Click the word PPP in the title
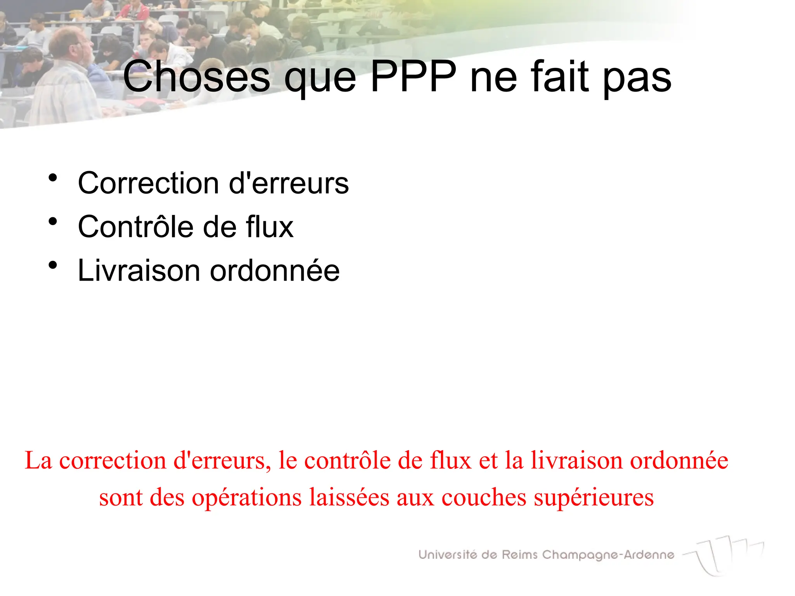413,76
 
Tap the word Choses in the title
196,76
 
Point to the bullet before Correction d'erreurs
53,178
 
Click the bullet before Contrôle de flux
53,222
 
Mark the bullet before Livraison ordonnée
53,265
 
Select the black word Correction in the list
148,183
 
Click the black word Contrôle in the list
135,227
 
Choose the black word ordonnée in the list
275,270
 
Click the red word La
38,461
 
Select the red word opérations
247,497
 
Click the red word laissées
349,497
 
